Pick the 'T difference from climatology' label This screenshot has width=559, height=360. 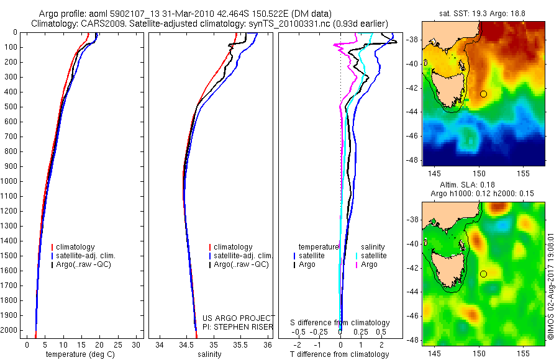339,354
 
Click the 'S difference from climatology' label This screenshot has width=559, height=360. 340,323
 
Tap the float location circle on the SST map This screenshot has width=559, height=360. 483,94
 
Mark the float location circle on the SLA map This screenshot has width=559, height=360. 483,274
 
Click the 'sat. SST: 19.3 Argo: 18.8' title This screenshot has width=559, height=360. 484,12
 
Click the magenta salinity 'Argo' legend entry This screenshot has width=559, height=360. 373,264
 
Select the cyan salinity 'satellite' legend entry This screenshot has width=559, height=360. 373,256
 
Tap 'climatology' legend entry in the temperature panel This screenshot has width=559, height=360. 76,247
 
